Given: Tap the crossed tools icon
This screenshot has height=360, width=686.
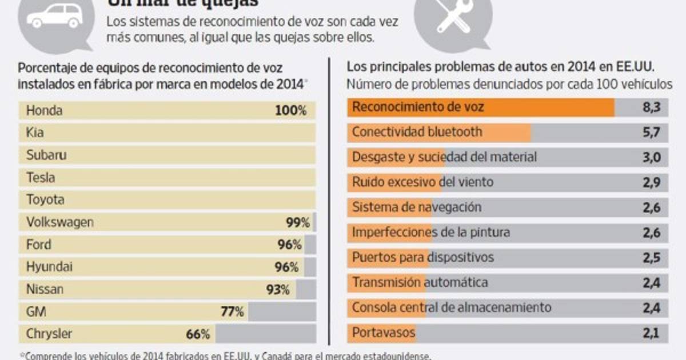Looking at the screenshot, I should [451, 17].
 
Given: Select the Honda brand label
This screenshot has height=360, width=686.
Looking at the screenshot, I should [45, 111].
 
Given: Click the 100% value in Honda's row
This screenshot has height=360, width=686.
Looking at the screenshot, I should [291, 111].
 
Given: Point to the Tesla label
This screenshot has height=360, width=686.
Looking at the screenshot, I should [41, 178].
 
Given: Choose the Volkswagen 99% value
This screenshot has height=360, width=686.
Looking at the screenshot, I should [298, 222].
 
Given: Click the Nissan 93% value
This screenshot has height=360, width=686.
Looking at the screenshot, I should [278, 290].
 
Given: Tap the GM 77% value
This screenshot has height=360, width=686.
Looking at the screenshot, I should [233, 312].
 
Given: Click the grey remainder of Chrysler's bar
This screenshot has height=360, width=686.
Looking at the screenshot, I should [266, 334].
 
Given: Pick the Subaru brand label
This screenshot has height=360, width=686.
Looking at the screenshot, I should [46, 155].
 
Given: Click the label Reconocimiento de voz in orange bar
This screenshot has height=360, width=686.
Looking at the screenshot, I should [418, 107].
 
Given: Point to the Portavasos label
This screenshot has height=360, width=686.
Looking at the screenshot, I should [384, 333].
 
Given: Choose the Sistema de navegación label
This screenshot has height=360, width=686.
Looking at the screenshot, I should [417, 207].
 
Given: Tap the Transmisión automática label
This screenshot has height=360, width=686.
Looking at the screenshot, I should [420, 282].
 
